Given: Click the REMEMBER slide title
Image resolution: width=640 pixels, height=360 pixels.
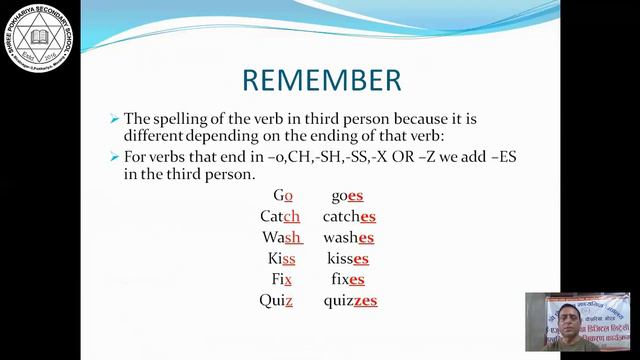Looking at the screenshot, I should [x=323, y=79].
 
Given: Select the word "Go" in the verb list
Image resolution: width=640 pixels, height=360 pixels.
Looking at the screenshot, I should [x=282, y=196].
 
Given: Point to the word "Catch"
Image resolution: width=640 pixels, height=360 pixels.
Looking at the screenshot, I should [x=280, y=216].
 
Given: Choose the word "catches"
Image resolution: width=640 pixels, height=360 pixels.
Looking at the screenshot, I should [x=349, y=216].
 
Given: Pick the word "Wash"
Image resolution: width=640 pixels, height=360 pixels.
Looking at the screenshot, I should [x=281, y=237].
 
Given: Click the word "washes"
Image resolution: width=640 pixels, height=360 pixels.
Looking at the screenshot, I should [x=349, y=237].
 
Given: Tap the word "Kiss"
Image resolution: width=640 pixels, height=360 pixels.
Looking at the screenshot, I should [x=281, y=258].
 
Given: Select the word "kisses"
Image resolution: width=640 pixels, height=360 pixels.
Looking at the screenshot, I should [x=348, y=258].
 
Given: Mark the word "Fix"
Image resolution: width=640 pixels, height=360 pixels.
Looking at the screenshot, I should [x=281, y=279].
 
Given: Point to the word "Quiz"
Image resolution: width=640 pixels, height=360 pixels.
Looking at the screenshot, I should [x=276, y=300].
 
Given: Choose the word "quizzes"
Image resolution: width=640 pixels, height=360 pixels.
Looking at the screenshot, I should [x=350, y=300].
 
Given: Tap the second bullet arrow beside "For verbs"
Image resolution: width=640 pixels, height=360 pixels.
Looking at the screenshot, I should [x=114, y=158].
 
